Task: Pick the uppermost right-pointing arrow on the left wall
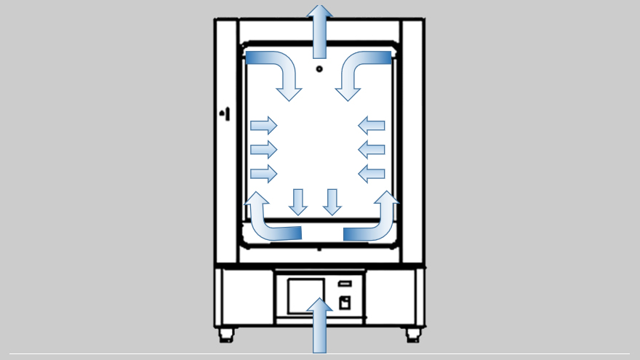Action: (263, 125)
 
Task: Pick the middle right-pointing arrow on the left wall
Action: (263, 150)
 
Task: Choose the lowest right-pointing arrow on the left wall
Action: (263, 174)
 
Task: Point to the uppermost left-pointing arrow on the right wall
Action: (372, 125)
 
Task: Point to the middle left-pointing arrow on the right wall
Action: (372, 150)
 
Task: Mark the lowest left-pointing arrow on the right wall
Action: (372, 174)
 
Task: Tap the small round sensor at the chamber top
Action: (319, 69)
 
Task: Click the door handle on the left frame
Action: (225, 113)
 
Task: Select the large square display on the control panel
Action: (305, 295)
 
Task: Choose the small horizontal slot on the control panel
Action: (345, 284)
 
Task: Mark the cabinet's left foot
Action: (226, 335)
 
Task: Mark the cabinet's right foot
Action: (413, 335)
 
